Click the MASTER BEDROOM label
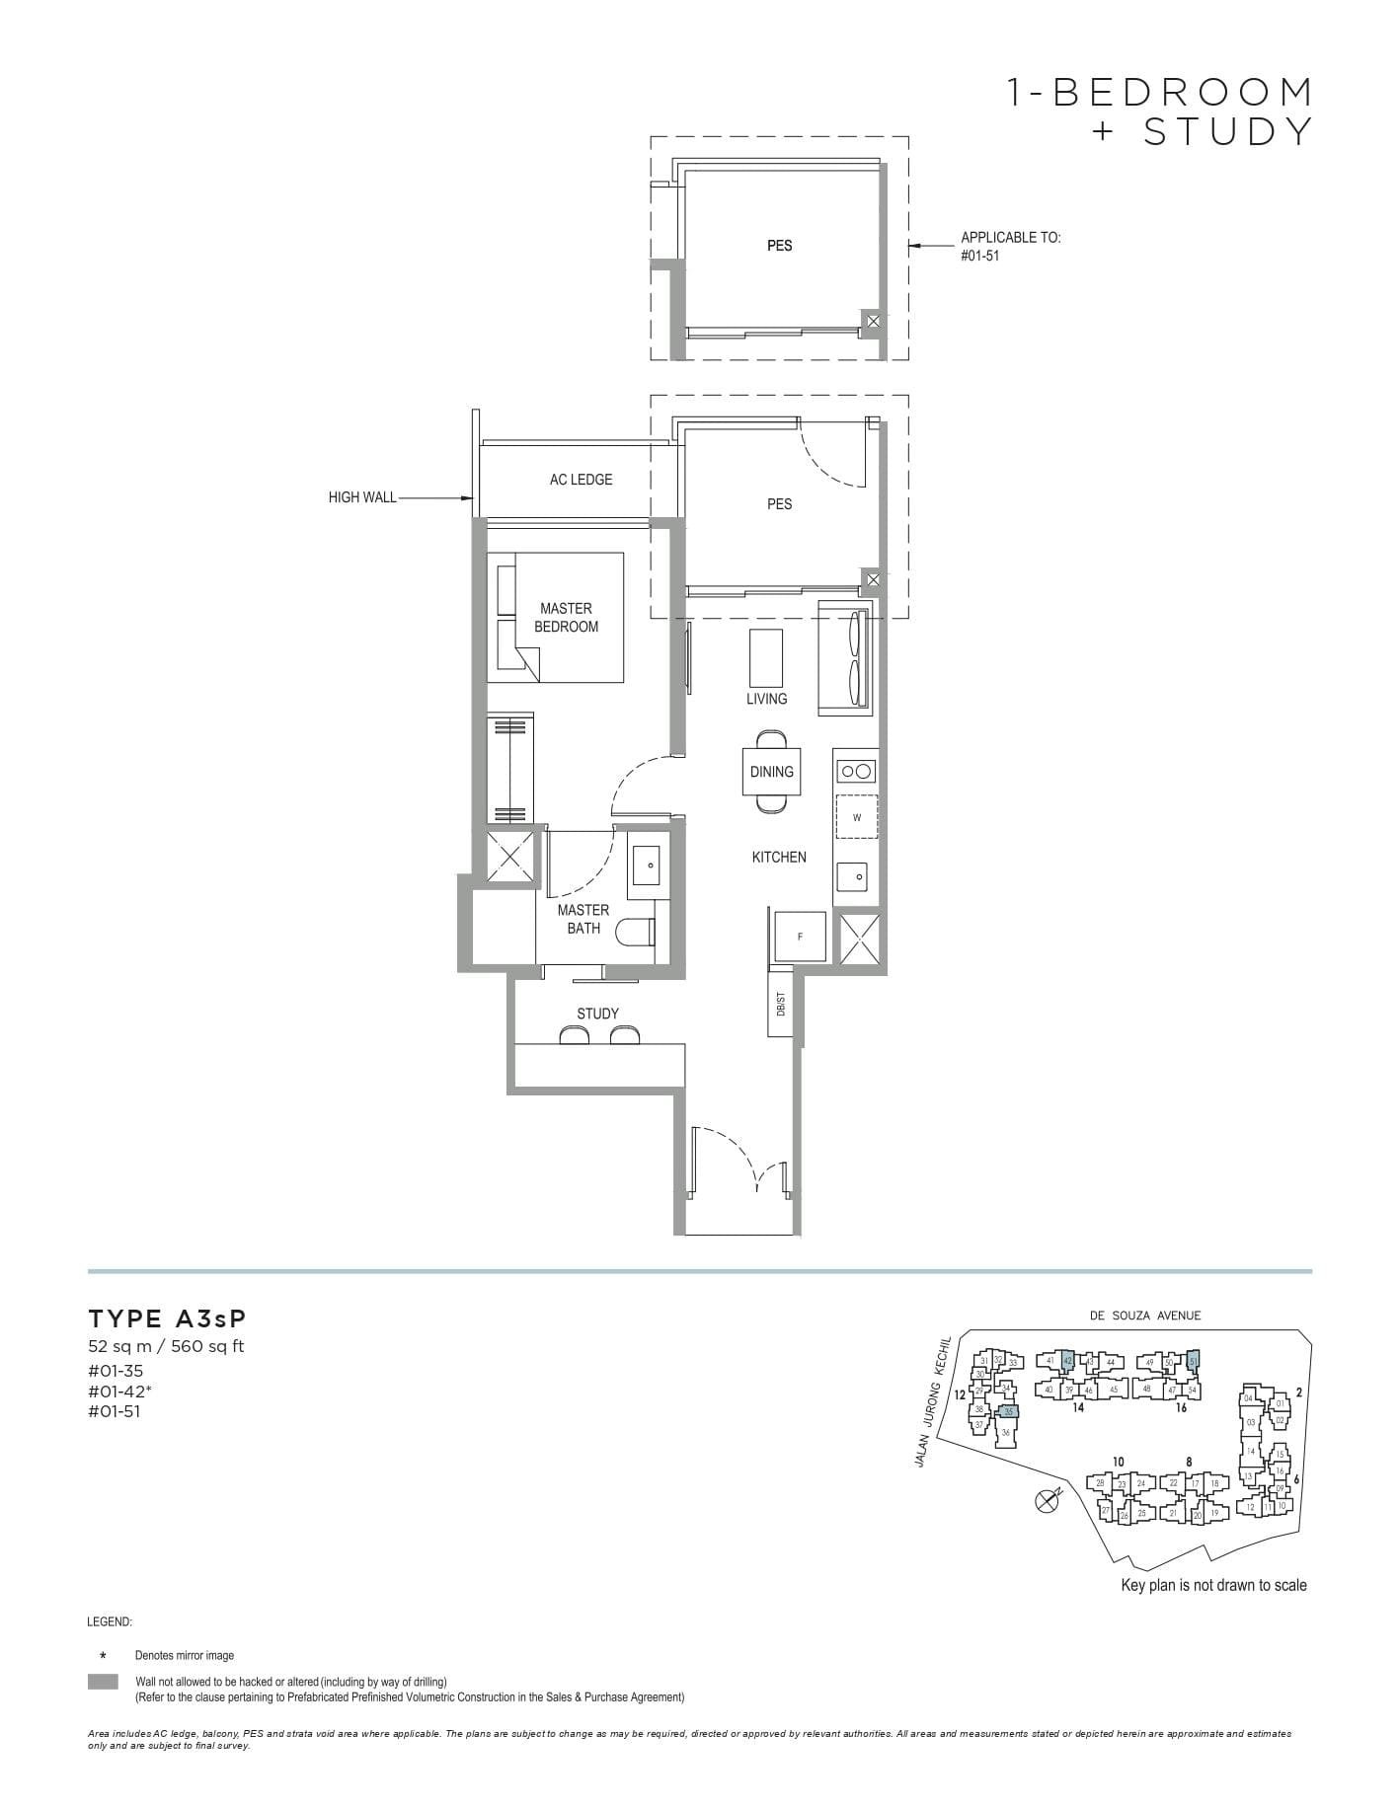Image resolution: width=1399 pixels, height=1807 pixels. tap(567, 618)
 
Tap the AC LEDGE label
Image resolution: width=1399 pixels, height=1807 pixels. tap(581, 480)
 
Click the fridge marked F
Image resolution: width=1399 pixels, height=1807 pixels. tap(800, 936)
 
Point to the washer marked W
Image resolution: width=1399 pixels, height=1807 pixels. tap(856, 817)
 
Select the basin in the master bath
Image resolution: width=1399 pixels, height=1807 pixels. tap(650, 865)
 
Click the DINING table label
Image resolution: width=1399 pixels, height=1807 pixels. tap(771, 772)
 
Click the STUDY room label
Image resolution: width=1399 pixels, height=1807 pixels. tap(597, 1014)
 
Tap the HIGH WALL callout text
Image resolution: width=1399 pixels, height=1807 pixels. tap(362, 498)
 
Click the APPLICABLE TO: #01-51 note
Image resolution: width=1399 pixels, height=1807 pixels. tap(1010, 246)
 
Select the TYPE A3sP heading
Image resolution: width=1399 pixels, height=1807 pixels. tap(167, 1318)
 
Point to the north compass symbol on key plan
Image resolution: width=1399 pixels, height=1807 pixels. tap(1047, 1501)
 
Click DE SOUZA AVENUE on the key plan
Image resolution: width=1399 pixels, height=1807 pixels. tap(1145, 1316)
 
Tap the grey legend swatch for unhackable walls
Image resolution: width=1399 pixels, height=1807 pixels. tap(103, 1682)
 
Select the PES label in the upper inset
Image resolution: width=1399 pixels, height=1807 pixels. tap(779, 246)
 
